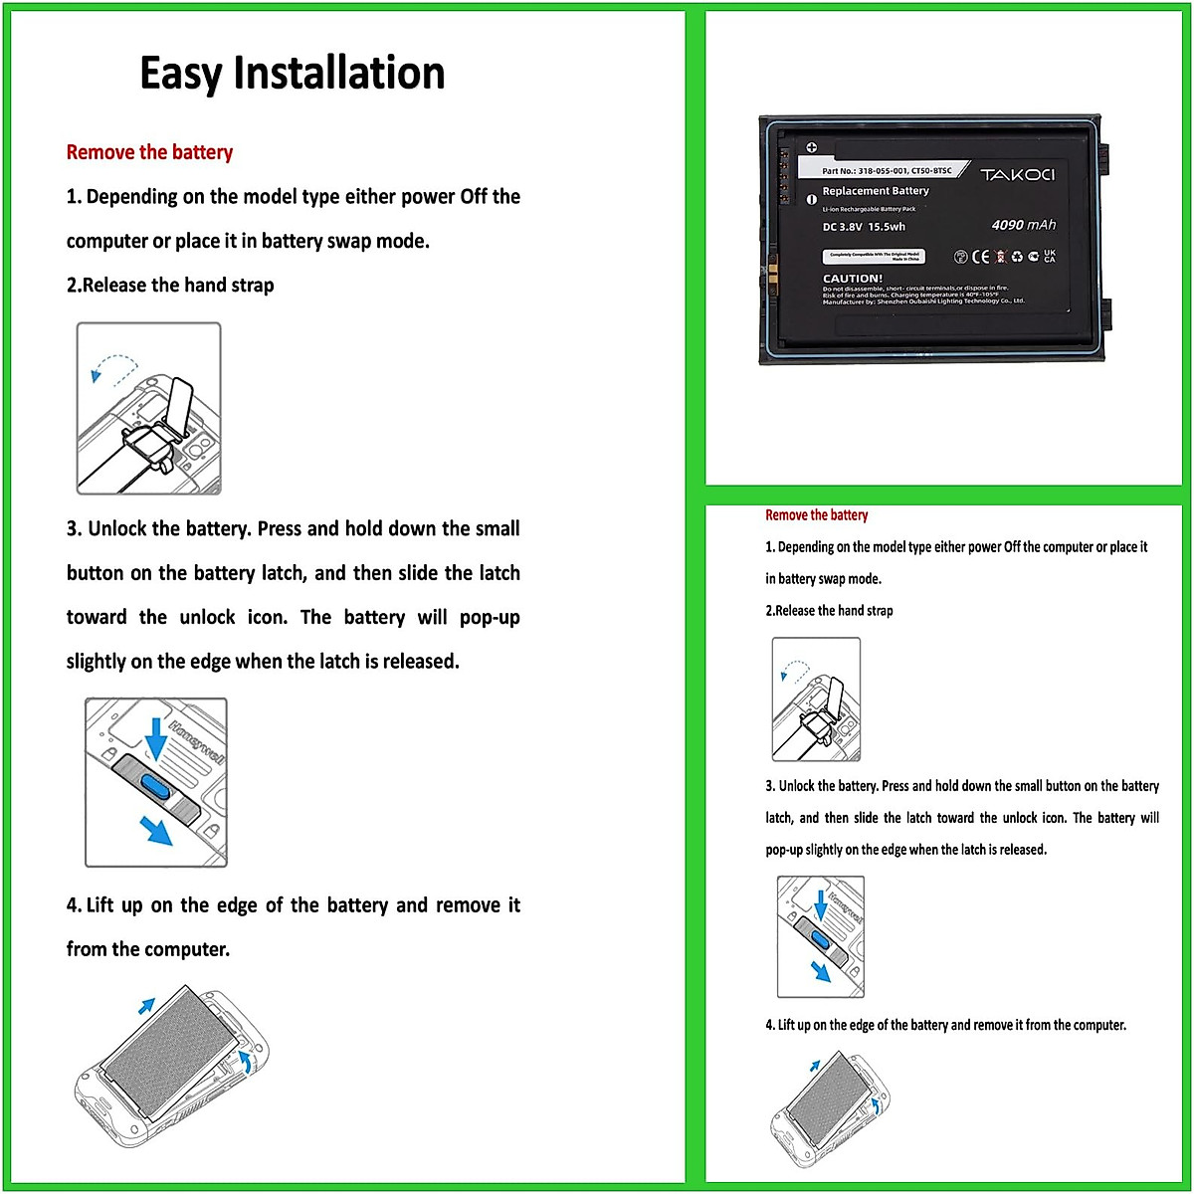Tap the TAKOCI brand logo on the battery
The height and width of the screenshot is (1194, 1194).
(1017, 175)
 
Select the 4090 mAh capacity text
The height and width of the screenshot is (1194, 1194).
(1023, 225)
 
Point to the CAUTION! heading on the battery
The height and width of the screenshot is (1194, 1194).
(852, 279)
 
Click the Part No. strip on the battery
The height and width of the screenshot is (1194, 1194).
(887, 170)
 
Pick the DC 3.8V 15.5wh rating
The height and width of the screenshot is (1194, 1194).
(864, 227)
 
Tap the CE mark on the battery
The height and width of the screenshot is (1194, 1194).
(980, 257)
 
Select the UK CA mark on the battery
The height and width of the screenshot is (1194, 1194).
(1049, 257)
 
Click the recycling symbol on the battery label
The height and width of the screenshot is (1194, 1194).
(1017, 257)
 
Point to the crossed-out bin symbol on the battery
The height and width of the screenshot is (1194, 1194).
(1000, 257)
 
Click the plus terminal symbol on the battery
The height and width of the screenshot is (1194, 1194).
(811, 148)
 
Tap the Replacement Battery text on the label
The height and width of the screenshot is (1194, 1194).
(876, 191)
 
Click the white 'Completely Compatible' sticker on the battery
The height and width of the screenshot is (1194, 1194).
(874, 256)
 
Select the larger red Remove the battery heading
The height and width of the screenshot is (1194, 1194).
(149, 152)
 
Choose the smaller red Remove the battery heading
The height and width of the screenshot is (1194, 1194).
(816, 515)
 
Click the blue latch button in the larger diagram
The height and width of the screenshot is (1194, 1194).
(157, 784)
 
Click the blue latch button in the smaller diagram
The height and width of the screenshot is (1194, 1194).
(821, 938)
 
